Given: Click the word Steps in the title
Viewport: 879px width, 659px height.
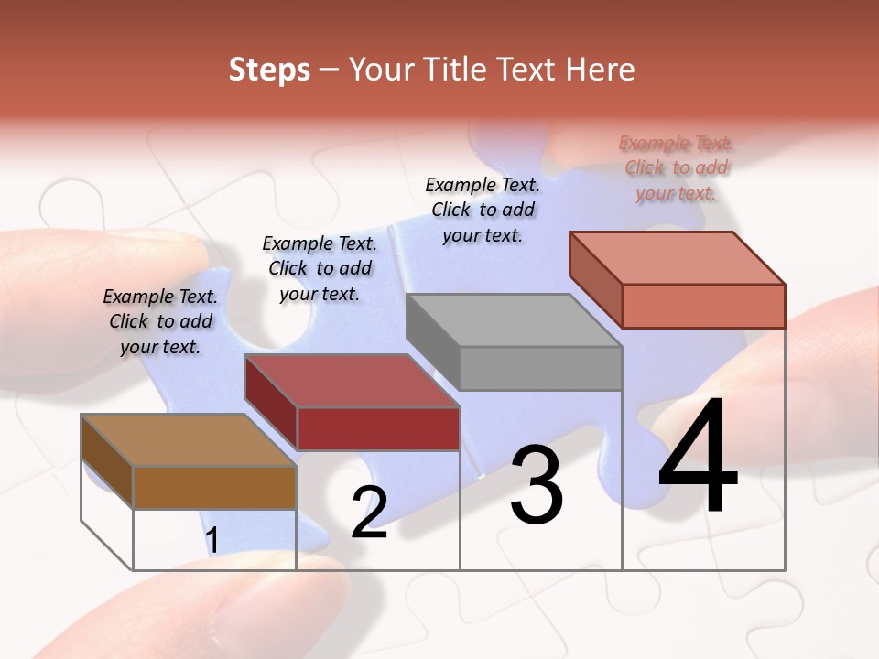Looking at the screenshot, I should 269,70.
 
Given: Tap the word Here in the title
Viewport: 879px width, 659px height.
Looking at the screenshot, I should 601,70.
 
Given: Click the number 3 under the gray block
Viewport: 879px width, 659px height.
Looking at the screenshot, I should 537,485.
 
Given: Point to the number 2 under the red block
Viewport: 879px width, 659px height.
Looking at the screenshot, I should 369,512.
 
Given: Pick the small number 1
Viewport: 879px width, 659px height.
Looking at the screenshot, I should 212,540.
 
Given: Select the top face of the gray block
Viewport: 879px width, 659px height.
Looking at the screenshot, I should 513,320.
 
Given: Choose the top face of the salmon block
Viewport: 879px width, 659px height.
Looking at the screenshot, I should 677,257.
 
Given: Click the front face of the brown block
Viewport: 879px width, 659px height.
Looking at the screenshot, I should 214,487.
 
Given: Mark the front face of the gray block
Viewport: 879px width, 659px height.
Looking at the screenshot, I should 540,368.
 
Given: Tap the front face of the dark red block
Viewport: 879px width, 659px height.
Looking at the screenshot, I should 377,428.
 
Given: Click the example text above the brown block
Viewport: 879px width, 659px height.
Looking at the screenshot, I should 160,321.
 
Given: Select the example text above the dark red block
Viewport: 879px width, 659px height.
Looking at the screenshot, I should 320,268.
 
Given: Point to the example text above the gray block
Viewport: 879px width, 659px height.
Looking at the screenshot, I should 483,210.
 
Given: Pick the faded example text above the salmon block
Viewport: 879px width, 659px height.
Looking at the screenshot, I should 676,167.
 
